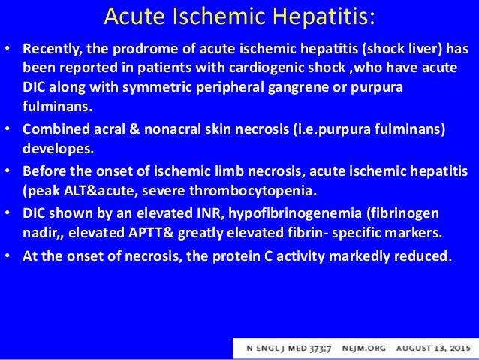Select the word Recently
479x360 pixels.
pyautogui.click(x=51, y=50)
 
